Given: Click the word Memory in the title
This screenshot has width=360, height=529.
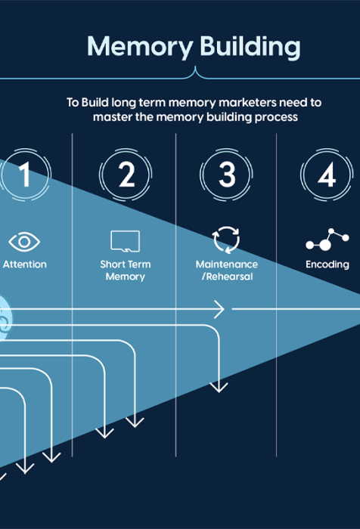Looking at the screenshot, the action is (140, 47).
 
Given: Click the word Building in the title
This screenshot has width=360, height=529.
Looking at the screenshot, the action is (250, 47).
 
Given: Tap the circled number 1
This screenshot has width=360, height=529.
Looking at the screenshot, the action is (24, 175).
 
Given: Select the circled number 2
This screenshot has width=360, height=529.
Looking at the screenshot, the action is (126, 175).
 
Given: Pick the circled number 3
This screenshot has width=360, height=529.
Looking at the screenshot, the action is (226, 175).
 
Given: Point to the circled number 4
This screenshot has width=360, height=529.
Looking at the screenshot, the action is (327, 175).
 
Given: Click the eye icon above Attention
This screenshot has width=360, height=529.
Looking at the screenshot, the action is (24, 242).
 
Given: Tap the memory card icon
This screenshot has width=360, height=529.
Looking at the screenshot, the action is (126, 241).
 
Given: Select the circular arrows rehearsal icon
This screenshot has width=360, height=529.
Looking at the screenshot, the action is (226, 240).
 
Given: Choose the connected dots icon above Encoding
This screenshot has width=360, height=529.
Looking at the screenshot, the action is (327, 240).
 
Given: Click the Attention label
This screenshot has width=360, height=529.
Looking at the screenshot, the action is (25, 264).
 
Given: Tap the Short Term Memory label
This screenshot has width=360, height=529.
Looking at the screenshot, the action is (126, 271).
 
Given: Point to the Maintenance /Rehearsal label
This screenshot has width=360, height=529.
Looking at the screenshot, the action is (227, 271).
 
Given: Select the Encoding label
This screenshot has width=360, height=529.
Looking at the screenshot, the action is (327, 264).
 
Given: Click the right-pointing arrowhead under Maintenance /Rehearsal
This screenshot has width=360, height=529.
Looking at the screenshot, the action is (219, 309).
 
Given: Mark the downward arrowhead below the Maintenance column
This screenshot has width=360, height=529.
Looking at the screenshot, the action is (219, 387).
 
